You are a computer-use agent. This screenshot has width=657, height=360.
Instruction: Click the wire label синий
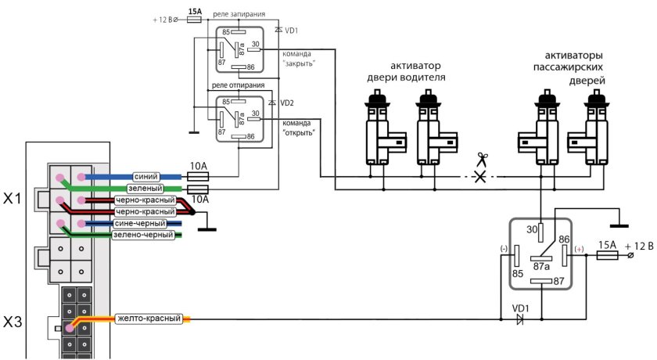149,177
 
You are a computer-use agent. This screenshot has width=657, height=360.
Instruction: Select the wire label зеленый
147,189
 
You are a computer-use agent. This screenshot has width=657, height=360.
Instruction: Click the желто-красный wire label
149,319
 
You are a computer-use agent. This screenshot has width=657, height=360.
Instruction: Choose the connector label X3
16,322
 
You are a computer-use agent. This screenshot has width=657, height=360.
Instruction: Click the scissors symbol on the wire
481,160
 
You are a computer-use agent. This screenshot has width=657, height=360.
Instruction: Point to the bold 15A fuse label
196,11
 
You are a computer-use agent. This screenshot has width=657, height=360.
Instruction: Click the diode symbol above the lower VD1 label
517,319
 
